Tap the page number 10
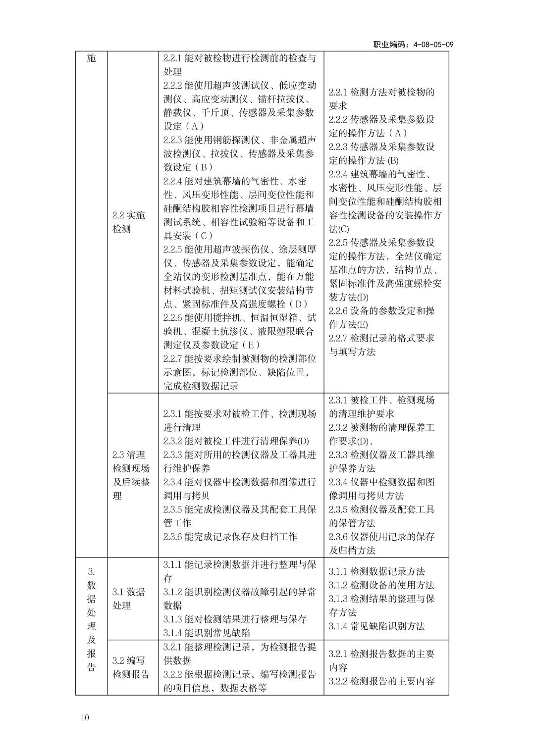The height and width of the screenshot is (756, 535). coord(85,717)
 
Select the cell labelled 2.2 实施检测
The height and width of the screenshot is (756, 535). coord(129,222)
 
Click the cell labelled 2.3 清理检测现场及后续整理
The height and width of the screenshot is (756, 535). coord(131,475)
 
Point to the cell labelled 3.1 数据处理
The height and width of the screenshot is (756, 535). coord(129,598)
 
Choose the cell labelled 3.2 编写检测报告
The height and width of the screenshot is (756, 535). coord(131,667)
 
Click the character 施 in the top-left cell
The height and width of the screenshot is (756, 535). coord(91,58)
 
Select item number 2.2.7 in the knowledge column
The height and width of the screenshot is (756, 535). coord(338,338)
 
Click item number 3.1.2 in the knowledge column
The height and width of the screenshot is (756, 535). coord(338,585)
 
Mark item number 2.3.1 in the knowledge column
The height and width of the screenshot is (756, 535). coord(338,400)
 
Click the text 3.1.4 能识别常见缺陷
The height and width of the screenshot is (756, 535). coord(207,632)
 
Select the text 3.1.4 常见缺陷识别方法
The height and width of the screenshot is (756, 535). coord(377,626)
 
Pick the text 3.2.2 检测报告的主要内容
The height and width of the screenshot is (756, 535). coord(382,681)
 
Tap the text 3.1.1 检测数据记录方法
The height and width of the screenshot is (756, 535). coord(377,571)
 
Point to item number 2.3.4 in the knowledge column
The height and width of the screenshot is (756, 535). coord(338,481)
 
